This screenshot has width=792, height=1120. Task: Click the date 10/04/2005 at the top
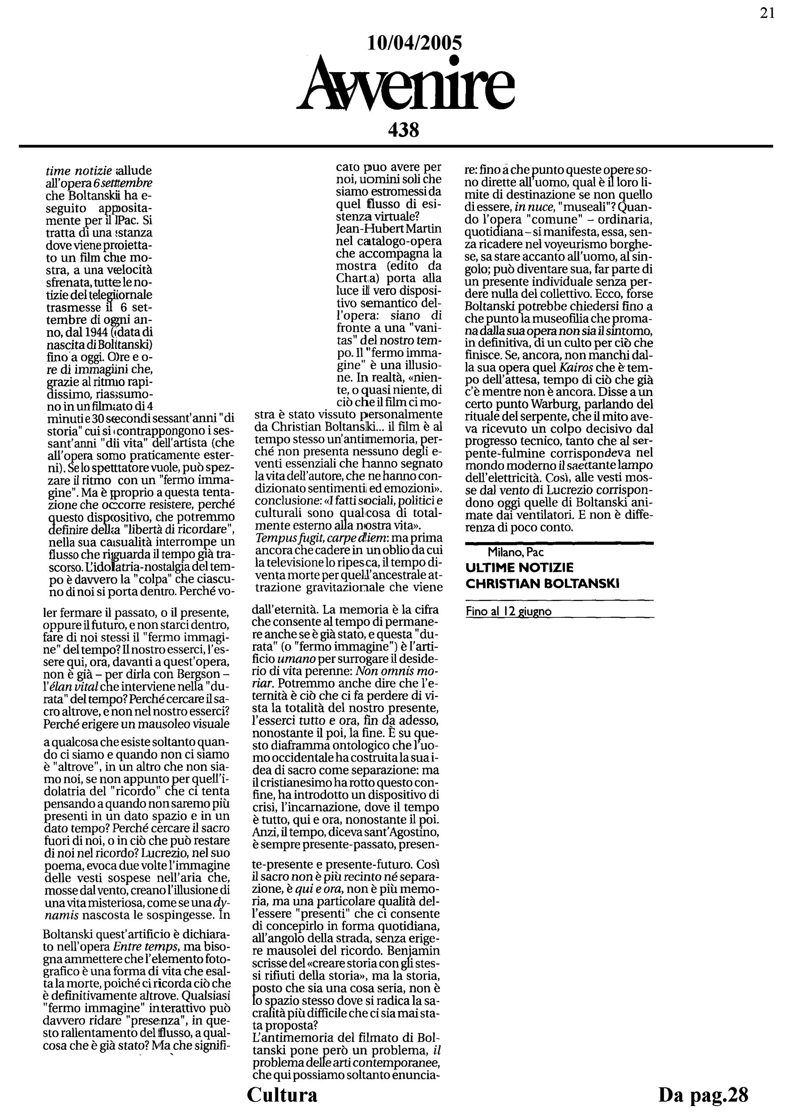coord(414,43)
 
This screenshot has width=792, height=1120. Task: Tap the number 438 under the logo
coord(404,130)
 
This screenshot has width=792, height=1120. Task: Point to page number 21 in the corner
coord(767,13)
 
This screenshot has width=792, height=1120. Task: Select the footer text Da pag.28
coord(703,1094)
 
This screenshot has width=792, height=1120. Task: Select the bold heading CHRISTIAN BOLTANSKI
coord(542,583)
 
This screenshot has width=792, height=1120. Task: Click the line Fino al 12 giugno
coord(508,611)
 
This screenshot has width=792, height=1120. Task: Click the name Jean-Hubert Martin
coord(388,228)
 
